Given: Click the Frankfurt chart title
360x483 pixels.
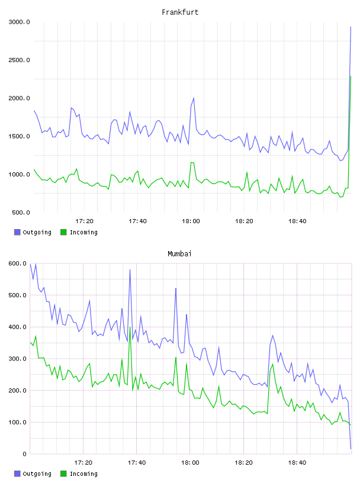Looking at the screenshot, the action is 180,12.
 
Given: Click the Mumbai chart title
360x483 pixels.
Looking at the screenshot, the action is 179,254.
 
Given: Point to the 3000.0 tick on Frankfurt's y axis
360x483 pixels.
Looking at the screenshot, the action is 19,22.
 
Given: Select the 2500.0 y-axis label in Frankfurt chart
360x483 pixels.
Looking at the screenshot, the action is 19,60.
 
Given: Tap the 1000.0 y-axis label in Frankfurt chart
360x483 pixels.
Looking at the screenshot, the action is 19,175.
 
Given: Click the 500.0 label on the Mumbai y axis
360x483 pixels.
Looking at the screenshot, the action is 17,295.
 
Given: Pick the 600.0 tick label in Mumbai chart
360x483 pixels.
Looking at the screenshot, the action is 17,263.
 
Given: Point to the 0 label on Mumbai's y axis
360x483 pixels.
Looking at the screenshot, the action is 24,454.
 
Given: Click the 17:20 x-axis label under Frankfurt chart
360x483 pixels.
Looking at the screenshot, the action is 84,221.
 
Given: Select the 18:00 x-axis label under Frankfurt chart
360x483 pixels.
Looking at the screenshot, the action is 191,221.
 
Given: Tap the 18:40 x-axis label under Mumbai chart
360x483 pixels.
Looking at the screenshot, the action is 297,462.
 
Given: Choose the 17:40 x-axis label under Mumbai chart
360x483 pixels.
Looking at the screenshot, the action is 137,462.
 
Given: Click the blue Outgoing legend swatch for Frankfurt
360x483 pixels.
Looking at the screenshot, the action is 17,232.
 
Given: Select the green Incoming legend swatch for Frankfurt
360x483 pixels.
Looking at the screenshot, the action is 63,232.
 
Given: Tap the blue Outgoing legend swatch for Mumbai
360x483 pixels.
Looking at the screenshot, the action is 17,474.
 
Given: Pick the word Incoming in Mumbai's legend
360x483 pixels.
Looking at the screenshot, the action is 83,474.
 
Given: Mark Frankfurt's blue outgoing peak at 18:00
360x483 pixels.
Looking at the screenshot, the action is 194,98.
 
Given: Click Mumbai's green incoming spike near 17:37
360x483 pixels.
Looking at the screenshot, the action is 130,327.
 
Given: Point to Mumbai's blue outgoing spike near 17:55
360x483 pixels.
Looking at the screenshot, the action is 176,289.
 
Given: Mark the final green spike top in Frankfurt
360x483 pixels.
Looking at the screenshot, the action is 351,76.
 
